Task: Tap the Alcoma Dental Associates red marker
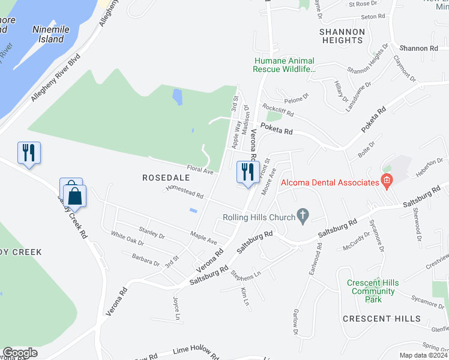coord(387,181)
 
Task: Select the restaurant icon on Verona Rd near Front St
coord(247,173)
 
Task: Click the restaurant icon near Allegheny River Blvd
coord(29,152)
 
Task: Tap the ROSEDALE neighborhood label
coord(166,178)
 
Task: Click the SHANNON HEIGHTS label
coord(342,36)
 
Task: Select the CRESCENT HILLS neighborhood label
coord(382,318)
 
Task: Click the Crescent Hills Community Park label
coord(373,287)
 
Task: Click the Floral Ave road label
coord(200,171)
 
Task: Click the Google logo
coord(20,353)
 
